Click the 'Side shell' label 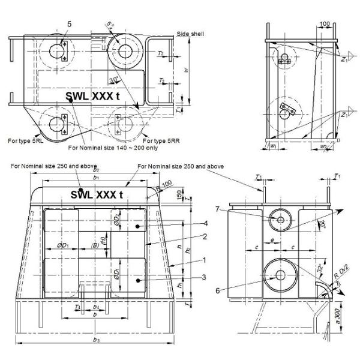190,34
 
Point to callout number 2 188,236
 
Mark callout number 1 188,260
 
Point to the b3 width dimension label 97,347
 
